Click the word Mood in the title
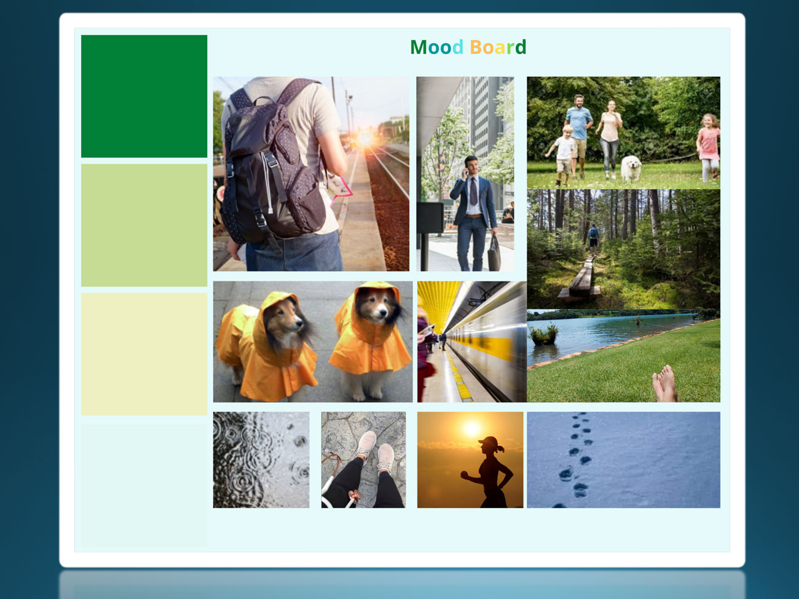(437, 47)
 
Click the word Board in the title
(498, 47)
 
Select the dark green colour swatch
(144, 96)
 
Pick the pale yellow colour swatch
(144, 354)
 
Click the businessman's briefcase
(494, 253)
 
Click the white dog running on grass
(631, 168)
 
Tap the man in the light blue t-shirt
(578, 135)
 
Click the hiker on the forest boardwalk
(593, 238)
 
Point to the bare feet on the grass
(664, 384)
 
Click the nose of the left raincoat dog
(299, 322)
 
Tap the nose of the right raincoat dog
(382, 312)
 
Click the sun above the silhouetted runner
(472, 428)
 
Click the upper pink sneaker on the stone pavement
(366, 442)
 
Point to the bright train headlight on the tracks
(365, 139)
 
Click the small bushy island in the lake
(543, 334)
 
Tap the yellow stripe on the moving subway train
(481, 347)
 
